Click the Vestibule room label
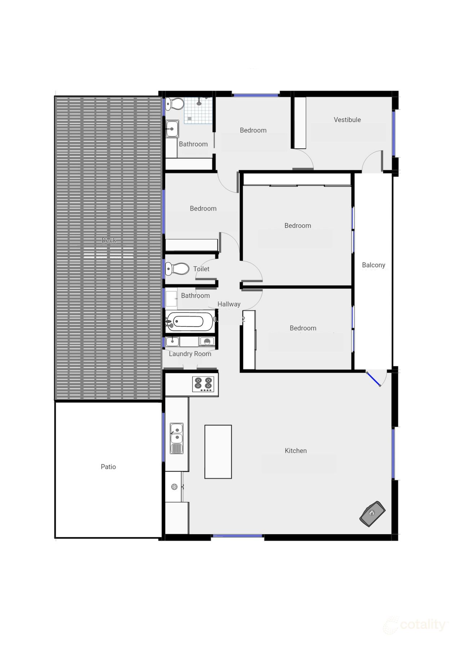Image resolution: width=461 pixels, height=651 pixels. pos(347,120)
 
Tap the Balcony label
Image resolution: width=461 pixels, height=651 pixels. pos(373,265)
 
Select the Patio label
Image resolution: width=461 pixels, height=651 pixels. pos(108,466)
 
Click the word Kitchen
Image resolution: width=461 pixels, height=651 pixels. pos(295,451)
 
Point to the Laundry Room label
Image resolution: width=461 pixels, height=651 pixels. pos(190,354)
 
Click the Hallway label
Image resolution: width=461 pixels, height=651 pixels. pos(229,304)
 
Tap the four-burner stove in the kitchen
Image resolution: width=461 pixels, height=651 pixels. pos(203,384)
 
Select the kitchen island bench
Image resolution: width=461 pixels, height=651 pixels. pos(218,452)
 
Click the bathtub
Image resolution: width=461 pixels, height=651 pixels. pos(190,321)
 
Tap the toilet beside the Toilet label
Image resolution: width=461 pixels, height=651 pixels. pos(177,268)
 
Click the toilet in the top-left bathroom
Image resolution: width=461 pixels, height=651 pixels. pos(176,104)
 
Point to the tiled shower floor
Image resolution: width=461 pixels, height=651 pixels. pos(198,111)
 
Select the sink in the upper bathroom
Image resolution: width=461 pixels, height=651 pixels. pos(172,128)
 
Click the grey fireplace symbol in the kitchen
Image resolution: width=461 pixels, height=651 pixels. pos(372,514)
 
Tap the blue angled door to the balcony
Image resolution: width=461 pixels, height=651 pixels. pos(373,379)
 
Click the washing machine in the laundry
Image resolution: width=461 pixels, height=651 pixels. pos(207,342)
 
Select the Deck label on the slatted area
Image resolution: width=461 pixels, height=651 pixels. pos(108,240)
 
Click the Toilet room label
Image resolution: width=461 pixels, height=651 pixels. pos(201,269)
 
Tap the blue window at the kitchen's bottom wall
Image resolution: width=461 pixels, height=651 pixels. pos(237,536)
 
